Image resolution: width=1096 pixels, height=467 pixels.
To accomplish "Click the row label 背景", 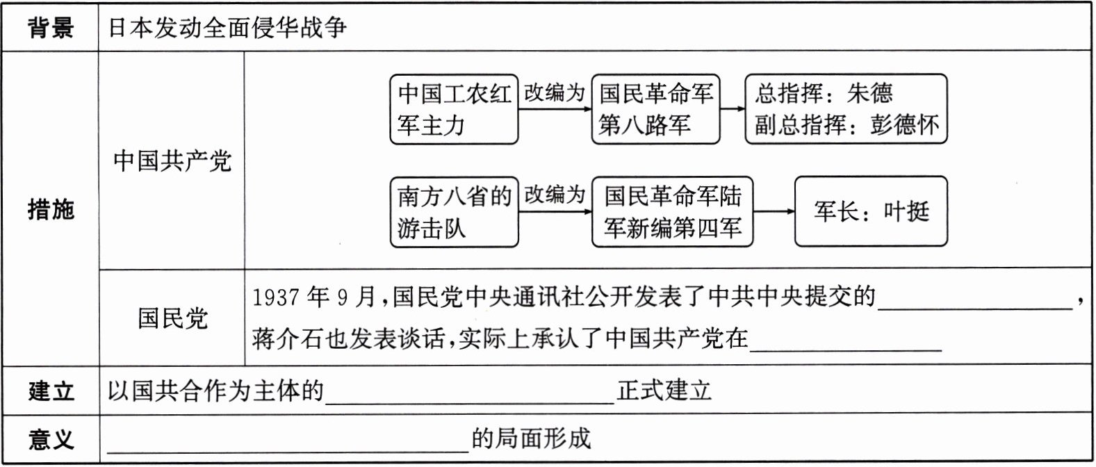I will coord(50,28).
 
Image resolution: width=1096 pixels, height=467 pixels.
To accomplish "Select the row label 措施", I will coord(50,208).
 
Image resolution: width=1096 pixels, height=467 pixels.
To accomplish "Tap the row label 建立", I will coord(50,391).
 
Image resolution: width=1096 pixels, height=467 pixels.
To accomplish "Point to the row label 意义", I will coord(50,439).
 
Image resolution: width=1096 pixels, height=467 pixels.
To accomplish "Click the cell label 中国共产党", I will coord(172,161).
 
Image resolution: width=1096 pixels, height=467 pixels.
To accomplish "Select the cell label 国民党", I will coord(172,318).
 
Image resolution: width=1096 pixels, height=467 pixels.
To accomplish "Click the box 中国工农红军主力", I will coord(454,109).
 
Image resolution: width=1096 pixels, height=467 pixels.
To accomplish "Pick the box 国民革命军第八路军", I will coord(655,109).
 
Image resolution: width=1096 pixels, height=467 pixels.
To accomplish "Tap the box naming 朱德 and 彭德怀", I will coord(846,109).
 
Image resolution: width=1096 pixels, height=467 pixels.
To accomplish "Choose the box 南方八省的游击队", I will coord(454,212).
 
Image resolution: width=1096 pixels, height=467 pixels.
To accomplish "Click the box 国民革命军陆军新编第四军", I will coord(672,212).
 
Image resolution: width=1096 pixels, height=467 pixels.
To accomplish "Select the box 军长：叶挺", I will coord(871,211).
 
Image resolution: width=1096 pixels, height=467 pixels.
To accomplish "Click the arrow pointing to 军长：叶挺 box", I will coord(774,211).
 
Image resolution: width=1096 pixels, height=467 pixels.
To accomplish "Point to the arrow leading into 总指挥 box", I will coord(733,108).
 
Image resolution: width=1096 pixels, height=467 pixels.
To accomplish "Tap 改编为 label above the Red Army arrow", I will coord(554,92).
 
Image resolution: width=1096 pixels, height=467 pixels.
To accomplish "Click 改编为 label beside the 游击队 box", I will coord(554,195).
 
